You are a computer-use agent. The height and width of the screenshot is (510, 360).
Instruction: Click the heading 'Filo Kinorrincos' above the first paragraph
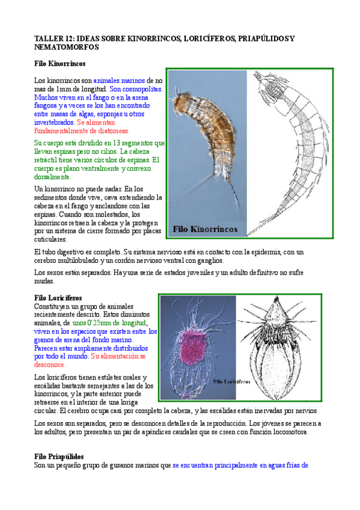[x=60, y=63]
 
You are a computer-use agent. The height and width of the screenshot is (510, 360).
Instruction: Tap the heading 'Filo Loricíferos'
[x=58, y=298]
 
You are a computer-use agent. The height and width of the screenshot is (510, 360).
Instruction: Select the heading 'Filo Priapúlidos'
[x=59, y=457]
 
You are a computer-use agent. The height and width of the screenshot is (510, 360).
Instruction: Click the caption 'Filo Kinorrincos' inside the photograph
[x=206, y=229]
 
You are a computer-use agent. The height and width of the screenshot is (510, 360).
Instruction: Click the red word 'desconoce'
[x=50, y=364]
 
